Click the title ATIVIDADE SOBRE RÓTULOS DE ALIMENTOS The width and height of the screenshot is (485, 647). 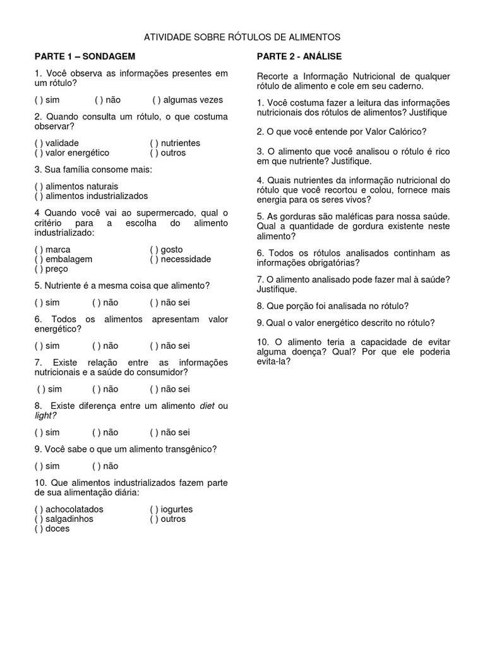pos(242,37)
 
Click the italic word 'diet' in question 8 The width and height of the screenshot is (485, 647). pos(207,406)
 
